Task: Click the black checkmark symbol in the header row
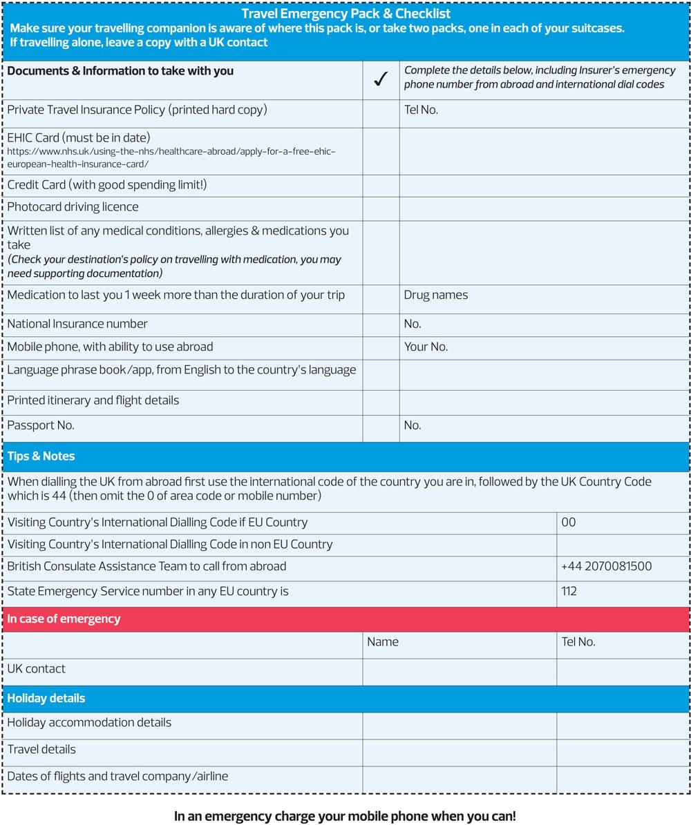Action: click(x=380, y=80)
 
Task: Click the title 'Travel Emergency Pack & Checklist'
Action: click(x=345, y=13)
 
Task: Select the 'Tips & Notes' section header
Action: click(x=41, y=456)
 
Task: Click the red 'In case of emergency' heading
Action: click(x=64, y=619)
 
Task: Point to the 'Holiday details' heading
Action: click(x=46, y=698)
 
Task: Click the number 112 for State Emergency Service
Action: click(x=569, y=591)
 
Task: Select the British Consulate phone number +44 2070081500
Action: click(x=606, y=566)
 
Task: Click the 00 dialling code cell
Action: click(x=569, y=522)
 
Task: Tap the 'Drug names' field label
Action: click(x=435, y=295)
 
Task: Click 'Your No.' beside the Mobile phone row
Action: click(x=426, y=347)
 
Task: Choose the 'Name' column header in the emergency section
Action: click(x=383, y=641)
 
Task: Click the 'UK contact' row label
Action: click(x=37, y=668)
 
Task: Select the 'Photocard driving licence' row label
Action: click(x=73, y=206)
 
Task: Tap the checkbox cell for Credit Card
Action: click(x=381, y=185)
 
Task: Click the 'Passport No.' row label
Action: click(x=41, y=425)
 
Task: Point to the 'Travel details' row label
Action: click(x=41, y=749)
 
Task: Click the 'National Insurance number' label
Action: click(x=77, y=324)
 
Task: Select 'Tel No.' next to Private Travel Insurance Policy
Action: click(x=421, y=109)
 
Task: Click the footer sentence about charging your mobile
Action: click(x=345, y=816)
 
